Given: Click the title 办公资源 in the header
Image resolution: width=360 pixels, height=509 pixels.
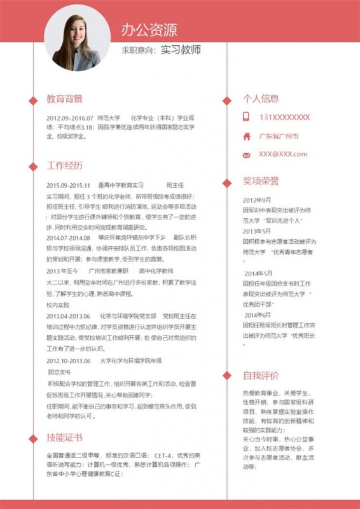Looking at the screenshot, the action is [x=149, y=29].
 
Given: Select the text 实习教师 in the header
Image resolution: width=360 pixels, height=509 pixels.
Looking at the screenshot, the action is [x=180, y=49].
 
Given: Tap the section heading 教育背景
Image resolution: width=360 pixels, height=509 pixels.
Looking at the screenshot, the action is [x=64, y=99].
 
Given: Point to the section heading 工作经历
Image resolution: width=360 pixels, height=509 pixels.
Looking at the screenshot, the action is [x=64, y=166].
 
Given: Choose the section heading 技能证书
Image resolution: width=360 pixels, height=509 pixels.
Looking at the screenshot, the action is [x=64, y=438].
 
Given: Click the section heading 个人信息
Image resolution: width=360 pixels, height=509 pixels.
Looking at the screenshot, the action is [x=261, y=99].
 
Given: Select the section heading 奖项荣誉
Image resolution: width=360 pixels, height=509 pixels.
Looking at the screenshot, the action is [x=261, y=181].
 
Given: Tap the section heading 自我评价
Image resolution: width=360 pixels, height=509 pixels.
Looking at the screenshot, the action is [x=261, y=375].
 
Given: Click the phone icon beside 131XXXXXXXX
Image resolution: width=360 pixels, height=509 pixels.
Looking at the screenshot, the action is [x=246, y=117].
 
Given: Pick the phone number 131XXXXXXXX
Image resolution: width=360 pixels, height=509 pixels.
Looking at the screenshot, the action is [x=284, y=117].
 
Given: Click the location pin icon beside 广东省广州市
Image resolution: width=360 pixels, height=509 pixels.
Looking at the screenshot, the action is [x=246, y=136].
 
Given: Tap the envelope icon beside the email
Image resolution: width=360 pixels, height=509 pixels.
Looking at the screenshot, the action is [x=246, y=155].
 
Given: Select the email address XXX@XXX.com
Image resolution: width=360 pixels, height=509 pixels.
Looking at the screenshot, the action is [x=282, y=154].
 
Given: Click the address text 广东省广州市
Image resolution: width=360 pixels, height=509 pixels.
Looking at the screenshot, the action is [x=279, y=136].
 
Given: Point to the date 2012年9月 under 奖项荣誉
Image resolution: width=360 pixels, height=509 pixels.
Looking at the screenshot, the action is [x=257, y=200].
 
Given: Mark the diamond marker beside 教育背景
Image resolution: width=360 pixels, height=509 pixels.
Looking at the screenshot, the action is [x=32, y=100].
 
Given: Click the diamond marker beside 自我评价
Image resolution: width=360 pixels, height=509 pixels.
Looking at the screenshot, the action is [x=227, y=375].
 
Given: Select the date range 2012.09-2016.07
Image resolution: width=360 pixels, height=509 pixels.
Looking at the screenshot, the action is [x=69, y=118].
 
